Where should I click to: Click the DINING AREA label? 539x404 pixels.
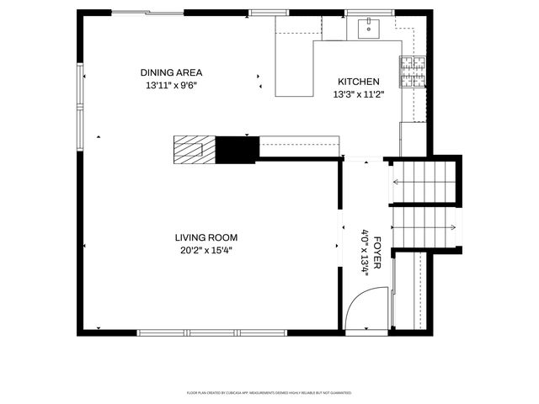pyautogui.click(x=172, y=72)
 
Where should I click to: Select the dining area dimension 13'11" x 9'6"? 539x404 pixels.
pyautogui.click(x=172, y=85)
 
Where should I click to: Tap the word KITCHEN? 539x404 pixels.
pyautogui.click(x=359, y=82)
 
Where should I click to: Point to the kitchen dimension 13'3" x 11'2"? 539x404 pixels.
pyautogui.click(x=359, y=94)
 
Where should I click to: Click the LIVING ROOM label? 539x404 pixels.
pyautogui.click(x=206, y=237)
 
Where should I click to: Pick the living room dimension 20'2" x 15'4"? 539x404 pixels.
pyautogui.click(x=206, y=250)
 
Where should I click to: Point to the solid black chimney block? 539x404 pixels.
pyautogui.click(x=237, y=150)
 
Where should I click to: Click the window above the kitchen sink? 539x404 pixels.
pyautogui.click(x=370, y=13)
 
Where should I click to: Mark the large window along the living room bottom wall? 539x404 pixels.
pyautogui.click(x=212, y=333)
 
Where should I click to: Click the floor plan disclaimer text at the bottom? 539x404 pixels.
pyautogui.click(x=269, y=393)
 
